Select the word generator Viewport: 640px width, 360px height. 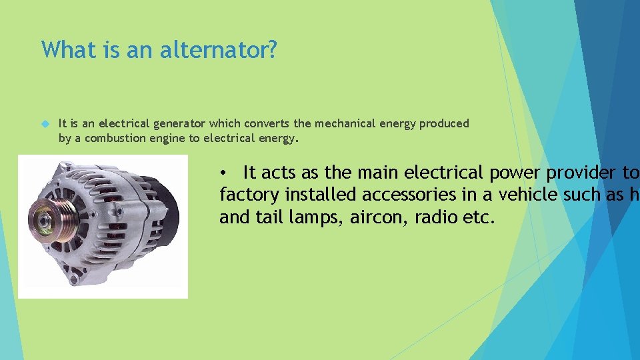180,124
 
